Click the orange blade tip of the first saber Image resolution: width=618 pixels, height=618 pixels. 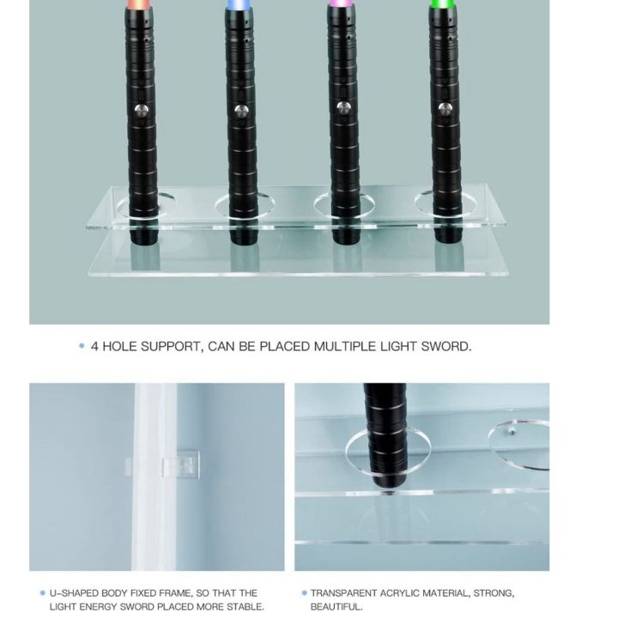(x=139, y=3)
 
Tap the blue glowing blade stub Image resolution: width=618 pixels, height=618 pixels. (x=240, y=3)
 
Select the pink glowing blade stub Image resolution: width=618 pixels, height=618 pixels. (x=340, y=3)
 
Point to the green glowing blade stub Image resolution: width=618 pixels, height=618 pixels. (x=443, y=3)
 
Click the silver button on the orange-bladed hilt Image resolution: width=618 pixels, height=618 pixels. (x=140, y=111)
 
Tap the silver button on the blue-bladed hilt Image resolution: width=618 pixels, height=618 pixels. (x=241, y=111)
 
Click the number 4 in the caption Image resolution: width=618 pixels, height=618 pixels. (x=94, y=347)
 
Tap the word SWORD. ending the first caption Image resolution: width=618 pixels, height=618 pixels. (x=446, y=347)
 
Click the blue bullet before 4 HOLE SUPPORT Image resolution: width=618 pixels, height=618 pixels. (x=82, y=346)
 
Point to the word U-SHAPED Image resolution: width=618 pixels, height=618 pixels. (x=74, y=593)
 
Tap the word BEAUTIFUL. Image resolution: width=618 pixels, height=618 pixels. (x=336, y=606)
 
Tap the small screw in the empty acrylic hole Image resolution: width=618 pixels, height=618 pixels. (x=512, y=432)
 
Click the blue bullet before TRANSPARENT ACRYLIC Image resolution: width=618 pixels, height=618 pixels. (x=304, y=593)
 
